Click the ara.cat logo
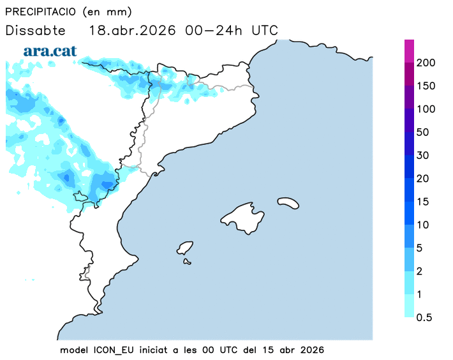coord(50,50)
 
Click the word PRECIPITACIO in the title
coord(40,12)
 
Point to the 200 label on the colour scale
coord(426,63)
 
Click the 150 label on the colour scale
coord(426,86)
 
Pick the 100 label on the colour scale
coord(426,109)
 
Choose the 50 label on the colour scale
coord(423,132)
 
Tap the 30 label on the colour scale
coord(423,155)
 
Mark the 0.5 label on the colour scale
coord(424,317)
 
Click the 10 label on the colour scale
coord(423,225)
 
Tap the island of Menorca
coord(288,202)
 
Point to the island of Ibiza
coord(186,248)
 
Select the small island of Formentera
coord(188,260)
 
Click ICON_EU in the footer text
coord(115,350)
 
